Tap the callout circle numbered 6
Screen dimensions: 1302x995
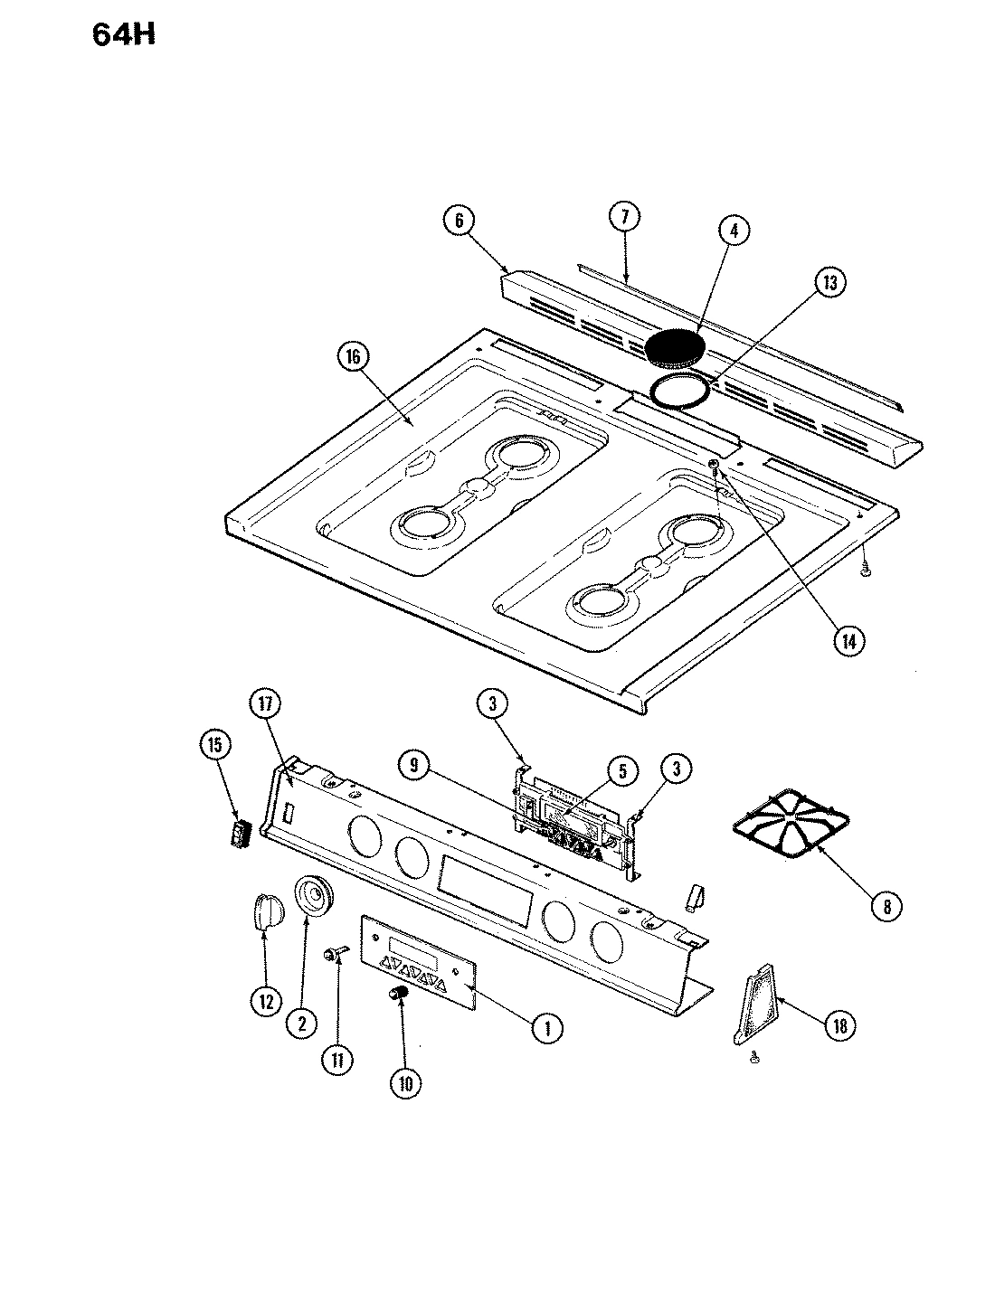click(x=459, y=221)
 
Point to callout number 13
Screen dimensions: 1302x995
click(x=829, y=283)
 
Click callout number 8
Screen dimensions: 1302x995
click(x=886, y=906)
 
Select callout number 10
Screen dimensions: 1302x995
click(x=403, y=1083)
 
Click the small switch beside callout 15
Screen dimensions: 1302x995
click(x=240, y=833)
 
